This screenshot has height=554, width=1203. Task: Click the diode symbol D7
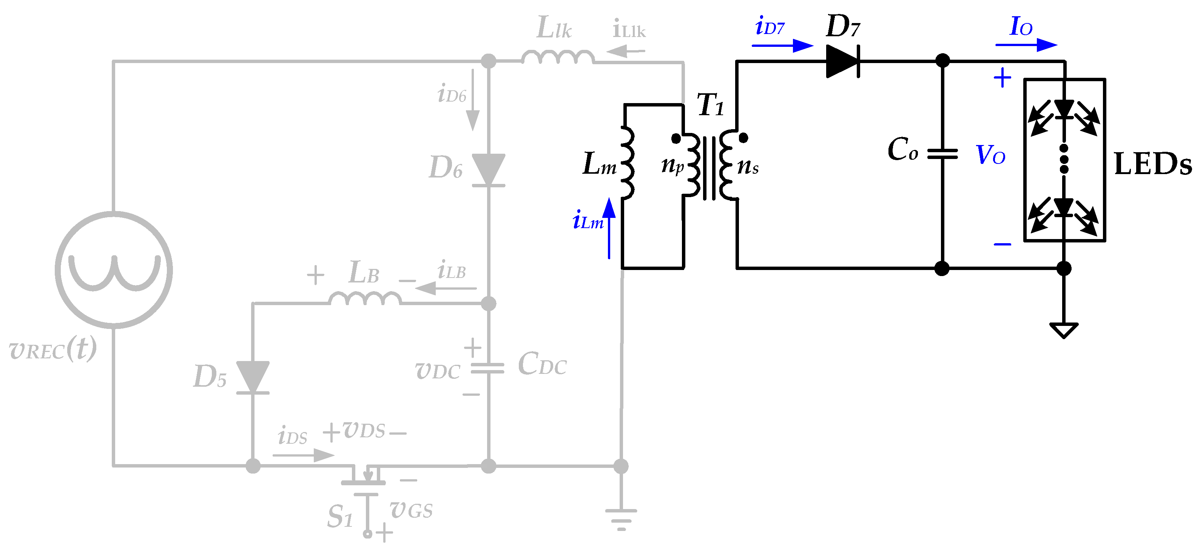[x=842, y=61]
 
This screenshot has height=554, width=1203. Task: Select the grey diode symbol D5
[x=253, y=377]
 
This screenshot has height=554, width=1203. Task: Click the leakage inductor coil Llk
[x=558, y=57]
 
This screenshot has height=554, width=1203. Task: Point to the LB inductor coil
[x=365, y=299]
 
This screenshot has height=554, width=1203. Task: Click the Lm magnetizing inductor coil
[x=628, y=162]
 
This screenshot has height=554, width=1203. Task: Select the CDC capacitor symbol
[x=487, y=368]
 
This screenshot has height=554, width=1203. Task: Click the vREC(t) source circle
[x=114, y=270]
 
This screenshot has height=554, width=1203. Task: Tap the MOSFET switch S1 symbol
[x=367, y=486]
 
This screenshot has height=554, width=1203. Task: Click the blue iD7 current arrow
[x=782, y=46]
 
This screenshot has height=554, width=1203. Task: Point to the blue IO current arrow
[x=1026, y=45]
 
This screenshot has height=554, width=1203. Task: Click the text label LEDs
[x=1152, y=164]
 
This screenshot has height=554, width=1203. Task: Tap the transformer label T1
[x=710, y=105]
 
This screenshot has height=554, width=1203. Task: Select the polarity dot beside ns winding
[x=743, y=138]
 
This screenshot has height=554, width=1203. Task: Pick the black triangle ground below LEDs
[x=1063, y=330]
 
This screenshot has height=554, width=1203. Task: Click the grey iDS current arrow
[x=304, y=455]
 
